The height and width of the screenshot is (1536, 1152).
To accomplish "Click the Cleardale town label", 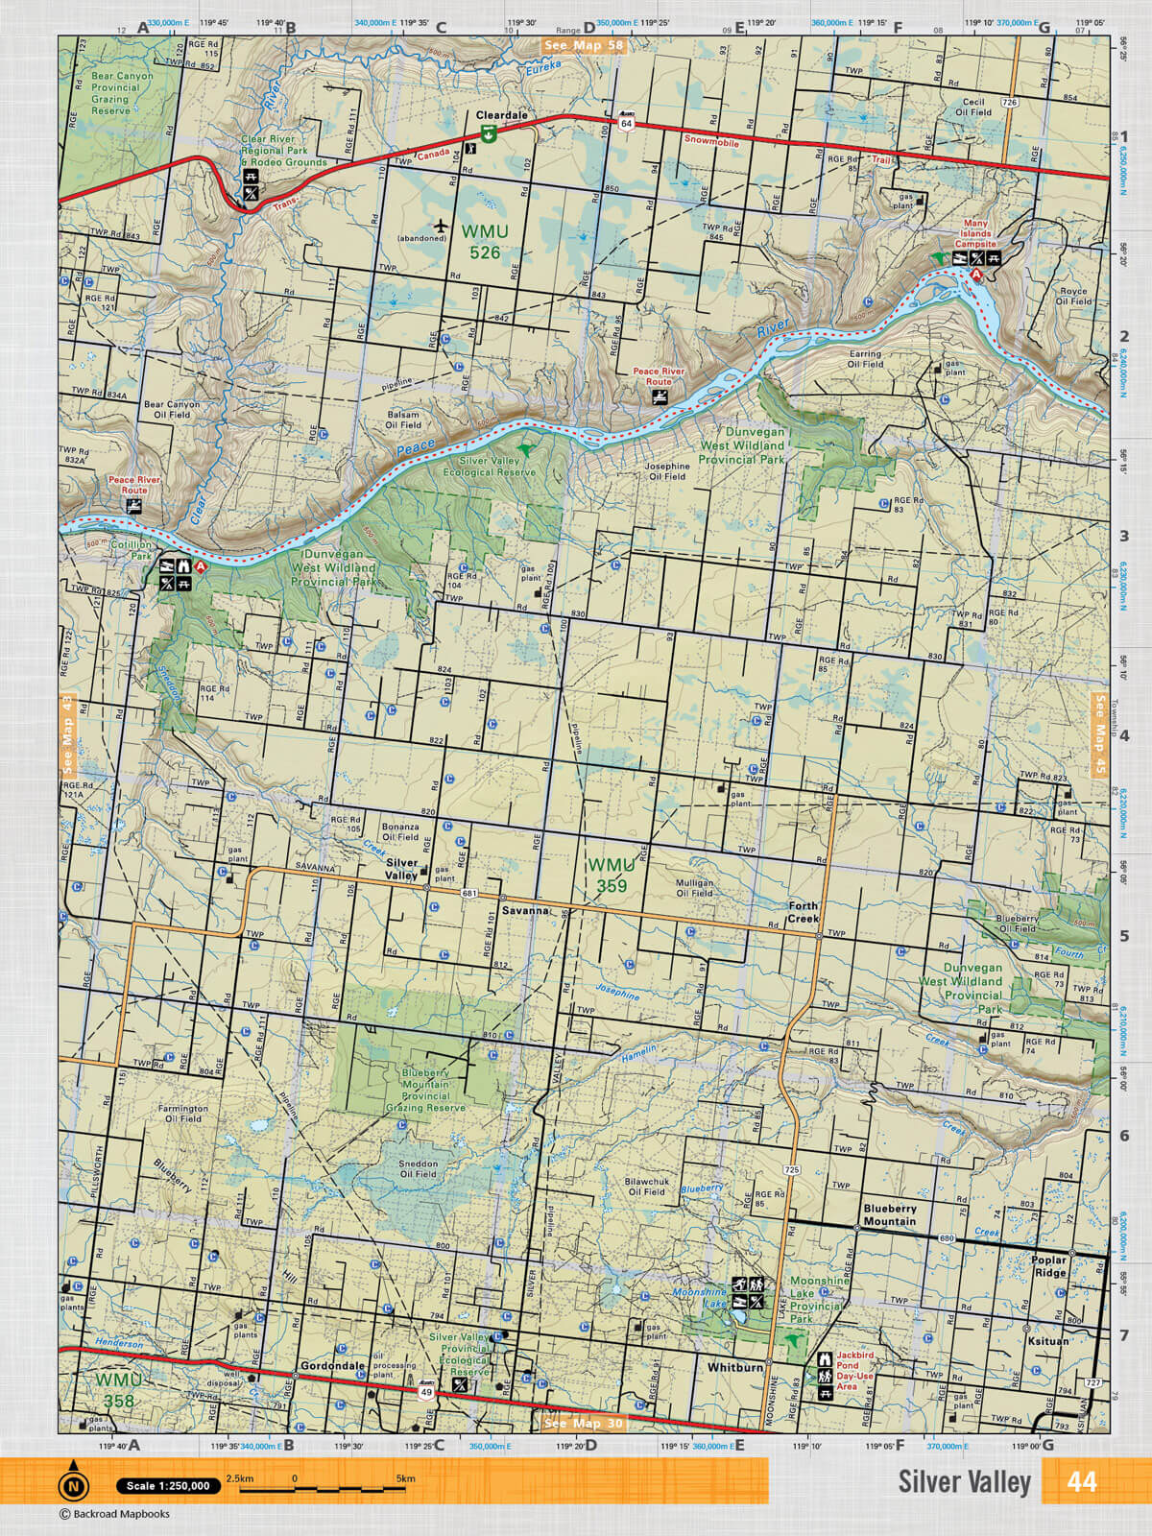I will pos(501,115).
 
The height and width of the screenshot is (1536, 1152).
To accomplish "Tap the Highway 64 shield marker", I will pos(626,123).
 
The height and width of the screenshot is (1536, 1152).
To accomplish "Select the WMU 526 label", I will pos(485,242).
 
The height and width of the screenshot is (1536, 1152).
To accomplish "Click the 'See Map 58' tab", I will pos(583,45).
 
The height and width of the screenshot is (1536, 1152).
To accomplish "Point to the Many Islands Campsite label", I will pos(974,234).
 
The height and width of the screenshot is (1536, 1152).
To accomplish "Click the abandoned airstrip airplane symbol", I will pos(441,226).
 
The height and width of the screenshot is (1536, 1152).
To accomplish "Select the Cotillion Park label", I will pos(129,550).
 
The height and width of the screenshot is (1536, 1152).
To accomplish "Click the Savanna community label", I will pos(524,910).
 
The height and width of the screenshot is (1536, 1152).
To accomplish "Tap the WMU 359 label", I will pos(612,876).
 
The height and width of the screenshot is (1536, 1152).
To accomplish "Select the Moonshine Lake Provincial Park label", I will pos(819,1299).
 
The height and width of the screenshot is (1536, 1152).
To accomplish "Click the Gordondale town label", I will pos(332,1365).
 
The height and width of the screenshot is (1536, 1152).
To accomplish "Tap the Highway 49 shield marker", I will pos(424,1390).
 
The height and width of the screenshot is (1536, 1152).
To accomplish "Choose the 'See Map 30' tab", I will pos(583,1423).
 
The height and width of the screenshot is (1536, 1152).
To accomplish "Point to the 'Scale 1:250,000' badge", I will pos(168,1486).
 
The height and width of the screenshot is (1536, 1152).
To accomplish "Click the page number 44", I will pos(1081,1482).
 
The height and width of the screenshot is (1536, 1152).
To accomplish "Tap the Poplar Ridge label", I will pos(1049,1266).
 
